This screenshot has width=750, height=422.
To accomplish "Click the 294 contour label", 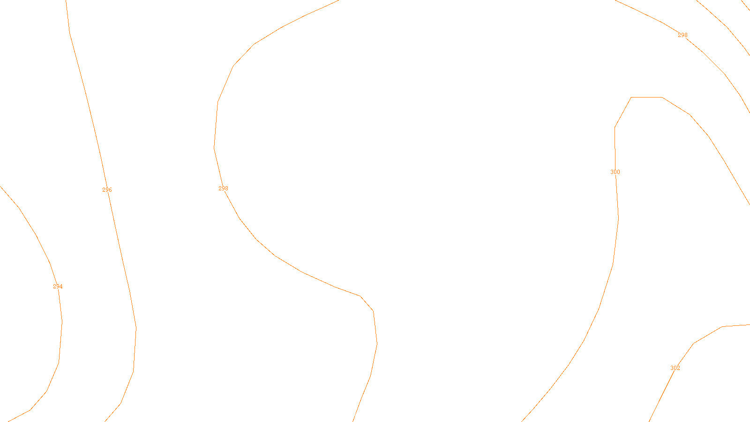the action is [58, 286].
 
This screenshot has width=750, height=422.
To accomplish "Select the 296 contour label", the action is [107, 190].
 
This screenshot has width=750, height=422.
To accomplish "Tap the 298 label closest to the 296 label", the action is [223, 188].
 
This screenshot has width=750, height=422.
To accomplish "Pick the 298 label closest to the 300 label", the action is [682, 35].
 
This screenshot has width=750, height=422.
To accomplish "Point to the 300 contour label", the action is [615, 172].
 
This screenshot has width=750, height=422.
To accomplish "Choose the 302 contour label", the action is [675, 368].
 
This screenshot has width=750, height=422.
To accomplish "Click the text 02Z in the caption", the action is [355, 414].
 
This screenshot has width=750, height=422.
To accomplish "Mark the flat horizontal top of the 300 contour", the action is [647, 98].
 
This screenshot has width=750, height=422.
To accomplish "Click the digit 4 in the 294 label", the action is [61, 286].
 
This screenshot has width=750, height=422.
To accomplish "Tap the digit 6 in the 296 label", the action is [110, 190].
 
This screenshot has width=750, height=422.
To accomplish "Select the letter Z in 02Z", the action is [359, 414].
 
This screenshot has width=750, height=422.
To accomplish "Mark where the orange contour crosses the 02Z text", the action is [355, 414].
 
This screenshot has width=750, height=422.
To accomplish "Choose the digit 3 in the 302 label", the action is [672, 368].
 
